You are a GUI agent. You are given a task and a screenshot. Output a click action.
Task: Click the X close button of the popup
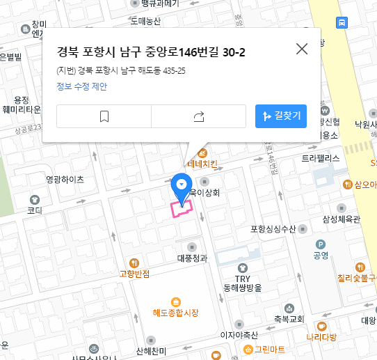pyautogui.click(x=302, y=49)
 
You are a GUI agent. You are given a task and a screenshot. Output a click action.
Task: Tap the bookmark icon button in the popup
pyautogui.click(x=104, y=116)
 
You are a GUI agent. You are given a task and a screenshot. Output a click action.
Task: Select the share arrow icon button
pyautogui.click(x=199, y=116)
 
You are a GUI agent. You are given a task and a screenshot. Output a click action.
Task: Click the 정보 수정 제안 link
pyautogui.click(x=82, y=86)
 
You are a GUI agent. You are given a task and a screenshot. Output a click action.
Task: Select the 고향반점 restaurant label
pyautogui.click(x=135, y=274)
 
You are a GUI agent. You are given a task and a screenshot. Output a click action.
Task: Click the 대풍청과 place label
pyautogui.click(x=193, y=258)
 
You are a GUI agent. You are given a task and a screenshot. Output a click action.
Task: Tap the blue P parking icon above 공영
pyautogui.click(x=321, y=244)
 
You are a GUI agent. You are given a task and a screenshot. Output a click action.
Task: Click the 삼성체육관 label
pyautogui.click(x=342, y=219)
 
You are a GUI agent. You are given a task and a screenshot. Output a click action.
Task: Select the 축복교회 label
pyautogui.click(x=289, y=319)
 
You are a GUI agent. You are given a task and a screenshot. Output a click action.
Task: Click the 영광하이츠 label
pyautogui.click(x=65, y=179)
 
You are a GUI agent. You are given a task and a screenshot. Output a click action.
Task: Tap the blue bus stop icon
pyautogui.click(x=342, y=23)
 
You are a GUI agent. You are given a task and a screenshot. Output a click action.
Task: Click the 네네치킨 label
pyautogui.click(x=202, y=164)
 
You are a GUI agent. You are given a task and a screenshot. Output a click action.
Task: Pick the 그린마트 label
pyautogui.click(x=269, y=348)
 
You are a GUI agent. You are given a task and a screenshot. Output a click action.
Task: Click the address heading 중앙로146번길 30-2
pyautogui.click(x=151, y=53)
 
